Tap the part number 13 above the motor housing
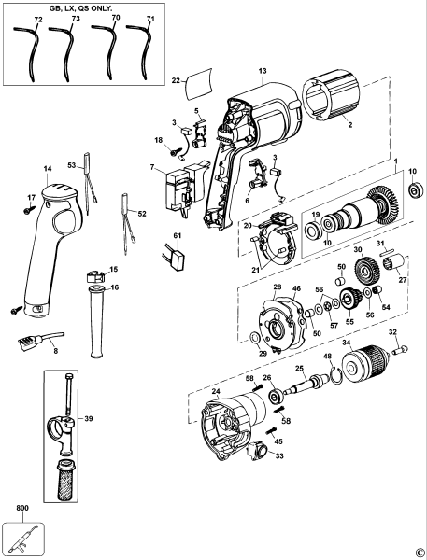click(263, 71)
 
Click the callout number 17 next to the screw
click(30, 197)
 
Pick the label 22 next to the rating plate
click(175, 81)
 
